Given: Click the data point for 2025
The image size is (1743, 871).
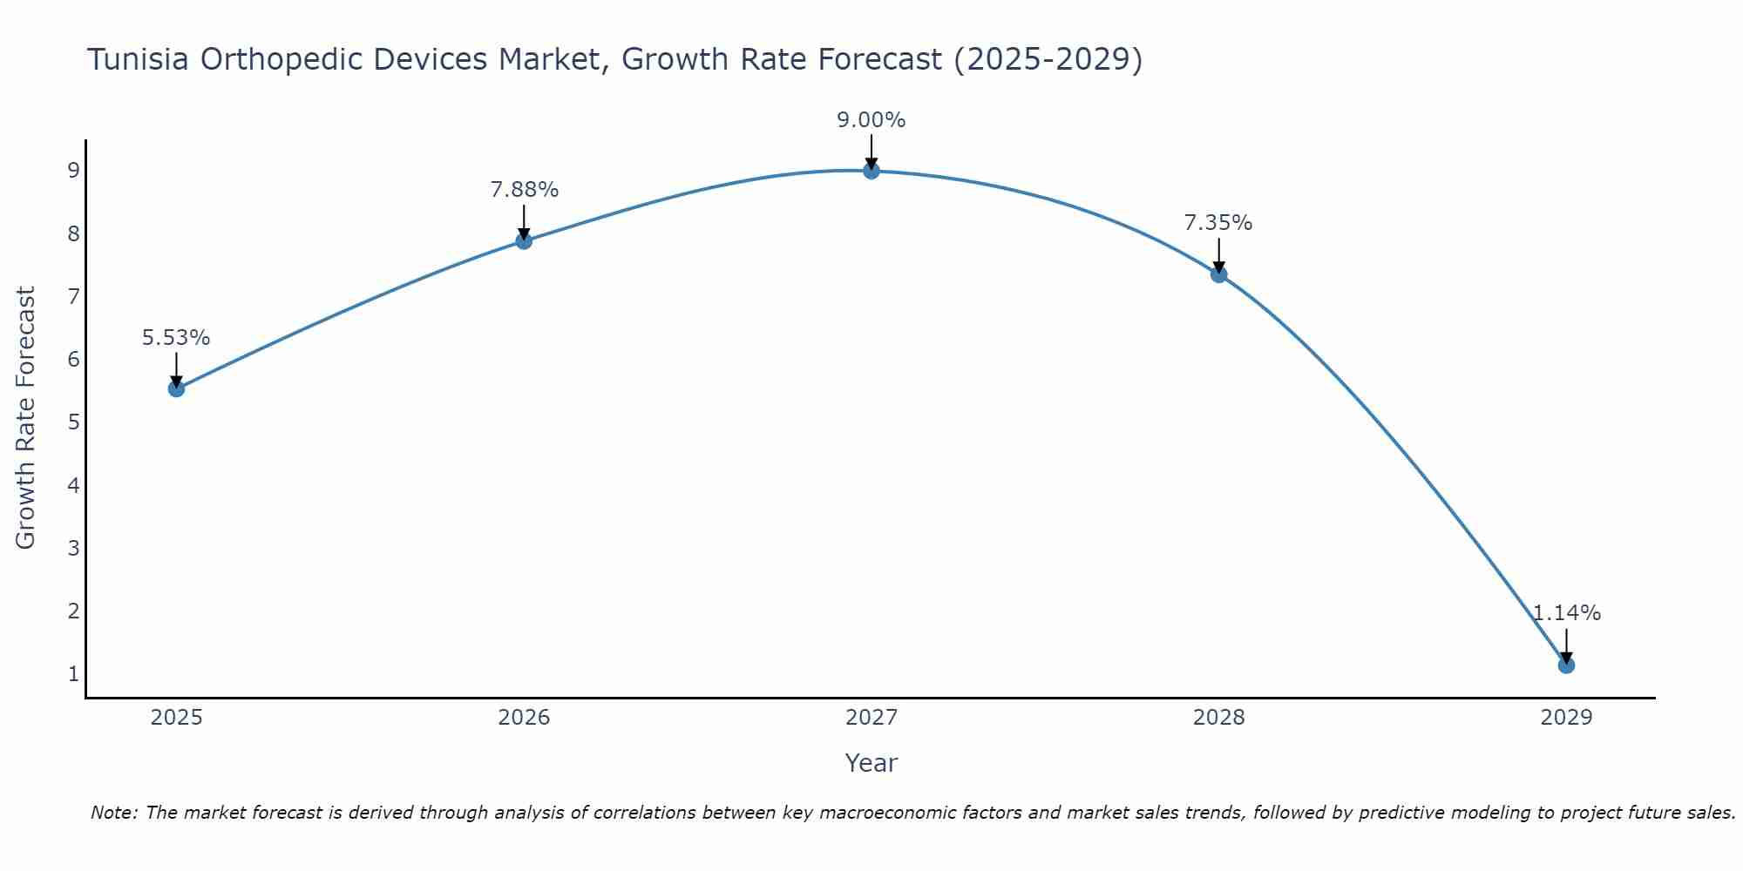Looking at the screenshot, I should (x=176, y=388).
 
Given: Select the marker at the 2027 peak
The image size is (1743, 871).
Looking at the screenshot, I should (x=871, y=171).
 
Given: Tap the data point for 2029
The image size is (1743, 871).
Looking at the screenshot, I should (x=1566, y=665).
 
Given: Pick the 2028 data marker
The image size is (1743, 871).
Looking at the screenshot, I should (x=1218, y=274).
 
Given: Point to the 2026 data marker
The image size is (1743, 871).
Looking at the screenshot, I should (x=524, y=241).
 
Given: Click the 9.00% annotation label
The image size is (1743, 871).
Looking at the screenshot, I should (x=871, y=120).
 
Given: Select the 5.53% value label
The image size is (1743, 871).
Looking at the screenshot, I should (x=176, y=338).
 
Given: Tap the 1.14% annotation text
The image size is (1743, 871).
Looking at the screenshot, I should (x=1566, y=613).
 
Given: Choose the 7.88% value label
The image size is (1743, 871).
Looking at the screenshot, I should (x=524, y=190).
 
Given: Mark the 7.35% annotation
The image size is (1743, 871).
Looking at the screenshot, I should (x=1218, y=223).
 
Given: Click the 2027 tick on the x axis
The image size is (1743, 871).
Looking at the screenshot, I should (x=871, y=718).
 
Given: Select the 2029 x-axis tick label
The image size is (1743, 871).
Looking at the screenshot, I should (x=1566, y=718).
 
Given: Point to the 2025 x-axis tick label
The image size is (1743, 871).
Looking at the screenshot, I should (x=176, y=718).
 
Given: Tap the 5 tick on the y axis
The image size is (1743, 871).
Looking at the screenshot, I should (x=73, y=422).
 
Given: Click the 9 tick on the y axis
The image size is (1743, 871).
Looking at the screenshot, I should (x=73, y=171).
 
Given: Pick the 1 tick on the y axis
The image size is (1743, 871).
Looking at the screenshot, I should (x=73, y=674).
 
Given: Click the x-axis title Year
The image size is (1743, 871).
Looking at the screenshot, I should (x=871, y=763).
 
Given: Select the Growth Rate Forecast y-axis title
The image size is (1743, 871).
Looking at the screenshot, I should (x=26, y=418).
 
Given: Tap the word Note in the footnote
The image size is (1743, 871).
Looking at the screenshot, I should (x=113, y=813).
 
